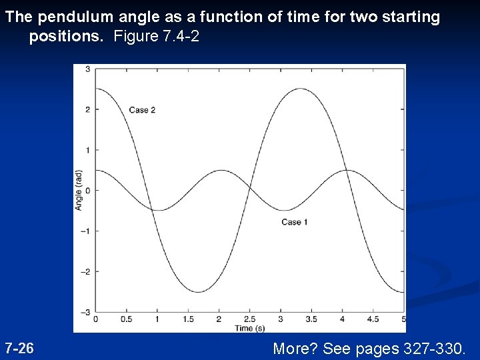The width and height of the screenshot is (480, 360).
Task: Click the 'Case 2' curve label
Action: pyautogui.click(x=142, y=110)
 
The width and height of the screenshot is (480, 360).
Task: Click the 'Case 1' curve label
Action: pyautogui.click(x=294, y=222)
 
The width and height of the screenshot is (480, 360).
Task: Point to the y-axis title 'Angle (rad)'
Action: pyautogui.click(x=79, y=190)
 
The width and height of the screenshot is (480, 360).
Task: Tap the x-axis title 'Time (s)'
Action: pyautogui.click(x=249, y=328)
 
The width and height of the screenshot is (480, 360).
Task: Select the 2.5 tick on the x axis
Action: pyautogui.click(x=249, y=319)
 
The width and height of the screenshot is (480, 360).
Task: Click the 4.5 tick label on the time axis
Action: pyautogui.click(x=373, y=319)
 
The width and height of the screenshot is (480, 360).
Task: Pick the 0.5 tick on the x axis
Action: pyautogui.click(x=126, y=319)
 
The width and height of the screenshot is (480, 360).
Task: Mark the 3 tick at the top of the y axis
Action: pyautogui.click(x=87, y=69)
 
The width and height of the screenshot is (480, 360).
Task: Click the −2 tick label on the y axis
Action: pyautogui.click(x=85, y=271)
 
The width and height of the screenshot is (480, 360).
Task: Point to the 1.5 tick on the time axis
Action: pyautogui.click(x=188, y=319)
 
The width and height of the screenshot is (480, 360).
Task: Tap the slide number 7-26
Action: pyautogui.click(x=19, y=348)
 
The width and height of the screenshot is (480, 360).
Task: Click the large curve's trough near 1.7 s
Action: pyautogui.click(x=198, y=292)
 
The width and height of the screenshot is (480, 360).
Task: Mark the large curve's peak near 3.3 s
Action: pyautogui.click(x=301, y=89)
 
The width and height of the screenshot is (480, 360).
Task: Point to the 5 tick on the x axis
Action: pyautogui.click(x=403, y=319)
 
